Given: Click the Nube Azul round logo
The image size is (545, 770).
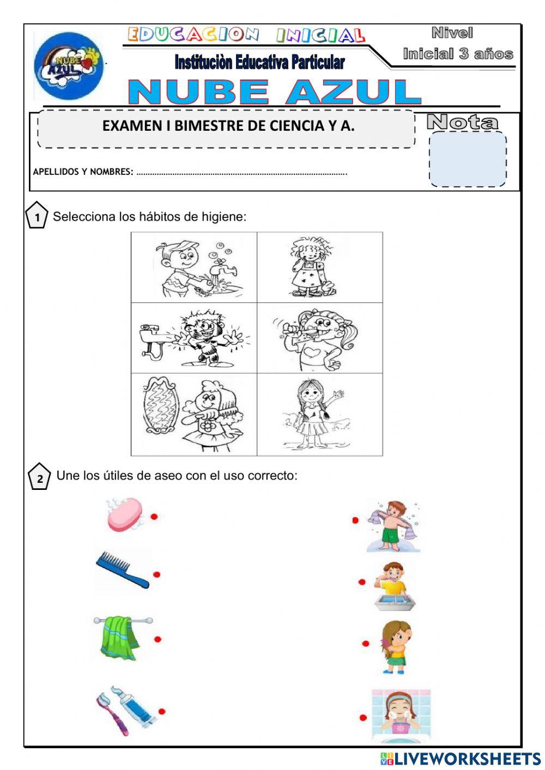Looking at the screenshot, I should tap(69, 66).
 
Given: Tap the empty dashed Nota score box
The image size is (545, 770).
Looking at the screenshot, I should tap(468, 159).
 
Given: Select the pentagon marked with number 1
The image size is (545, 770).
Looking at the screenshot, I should tap(37, 216).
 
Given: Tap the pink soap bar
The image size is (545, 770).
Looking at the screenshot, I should tap(125, 514).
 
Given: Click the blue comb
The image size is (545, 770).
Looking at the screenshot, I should tap(122, 569).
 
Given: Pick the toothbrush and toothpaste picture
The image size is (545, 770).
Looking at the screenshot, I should tap(126, 710).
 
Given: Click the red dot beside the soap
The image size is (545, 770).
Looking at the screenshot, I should tap(154, 516).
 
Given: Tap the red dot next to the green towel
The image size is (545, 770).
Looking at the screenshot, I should tap(158, 639).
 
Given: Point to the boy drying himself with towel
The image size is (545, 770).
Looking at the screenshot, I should tap(393, 526).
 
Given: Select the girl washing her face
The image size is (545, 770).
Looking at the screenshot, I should tap(401, 714).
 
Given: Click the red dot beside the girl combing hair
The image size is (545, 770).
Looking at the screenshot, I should tap(366, 644).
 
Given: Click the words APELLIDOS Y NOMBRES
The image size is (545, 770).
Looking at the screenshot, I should tap(83, 172).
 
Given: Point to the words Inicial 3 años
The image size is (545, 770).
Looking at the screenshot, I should tap(458, 54).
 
